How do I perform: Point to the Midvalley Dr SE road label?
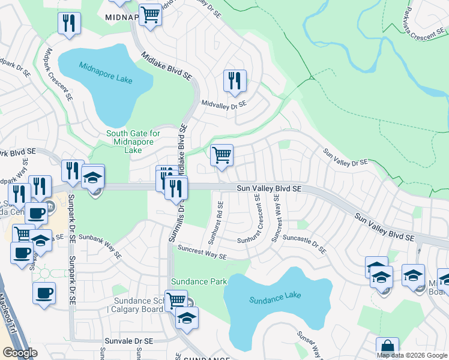click(x=224, y=104)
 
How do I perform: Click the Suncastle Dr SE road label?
click(x=305, y=242)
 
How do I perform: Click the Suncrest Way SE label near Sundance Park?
click(x=202, y=251)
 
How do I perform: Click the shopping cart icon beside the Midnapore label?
click(x=150, y=14)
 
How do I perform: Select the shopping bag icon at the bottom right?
click(x=387, y=347)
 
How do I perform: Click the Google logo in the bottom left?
click(x=20, y=353)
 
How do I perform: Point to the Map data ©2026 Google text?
click(x=412, y=355)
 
